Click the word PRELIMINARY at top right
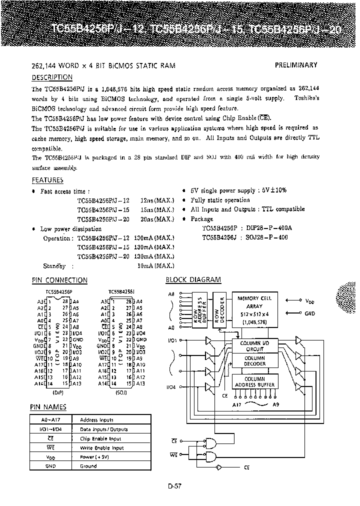click(296, 65)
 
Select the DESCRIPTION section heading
click(52, 77)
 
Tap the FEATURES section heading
click(47, 180)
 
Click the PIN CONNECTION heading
click(59, 280)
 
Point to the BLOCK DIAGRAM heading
click(193, 280)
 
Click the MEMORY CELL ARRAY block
click(254, 308)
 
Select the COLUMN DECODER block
click(254, 361)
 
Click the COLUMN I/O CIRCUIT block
click(254, 346)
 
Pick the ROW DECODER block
click(222, 309)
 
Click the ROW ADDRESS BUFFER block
click(200, 309)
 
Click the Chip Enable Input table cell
click(100, 439)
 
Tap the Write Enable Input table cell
click(101, 448)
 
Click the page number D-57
click(175, 484)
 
